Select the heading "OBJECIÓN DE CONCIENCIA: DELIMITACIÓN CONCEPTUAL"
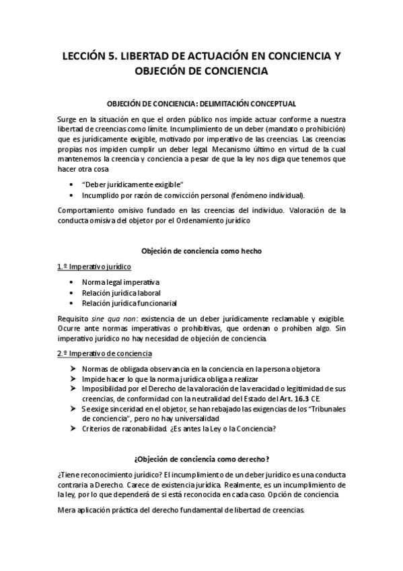202,104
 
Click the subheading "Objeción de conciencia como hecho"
201,250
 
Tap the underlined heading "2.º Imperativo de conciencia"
104,354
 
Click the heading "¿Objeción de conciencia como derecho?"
201,459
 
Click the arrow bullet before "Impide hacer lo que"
73,379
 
